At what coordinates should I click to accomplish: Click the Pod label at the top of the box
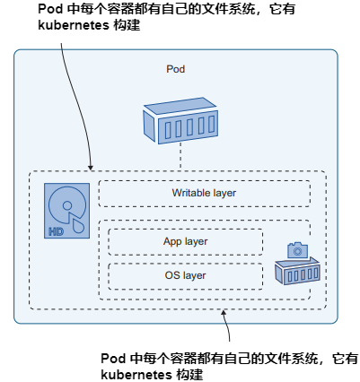176,69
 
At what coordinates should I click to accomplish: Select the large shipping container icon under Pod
180,121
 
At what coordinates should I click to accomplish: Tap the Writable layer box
204,193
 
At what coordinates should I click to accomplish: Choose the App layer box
186,242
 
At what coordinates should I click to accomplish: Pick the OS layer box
186,275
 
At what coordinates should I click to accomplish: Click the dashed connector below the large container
180,159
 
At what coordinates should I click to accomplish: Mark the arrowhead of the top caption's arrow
91,168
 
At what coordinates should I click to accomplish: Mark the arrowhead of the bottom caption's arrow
224,313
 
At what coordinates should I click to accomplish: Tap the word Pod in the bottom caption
112,357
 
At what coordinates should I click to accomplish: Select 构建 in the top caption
133,26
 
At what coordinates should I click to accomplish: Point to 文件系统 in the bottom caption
285,357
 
